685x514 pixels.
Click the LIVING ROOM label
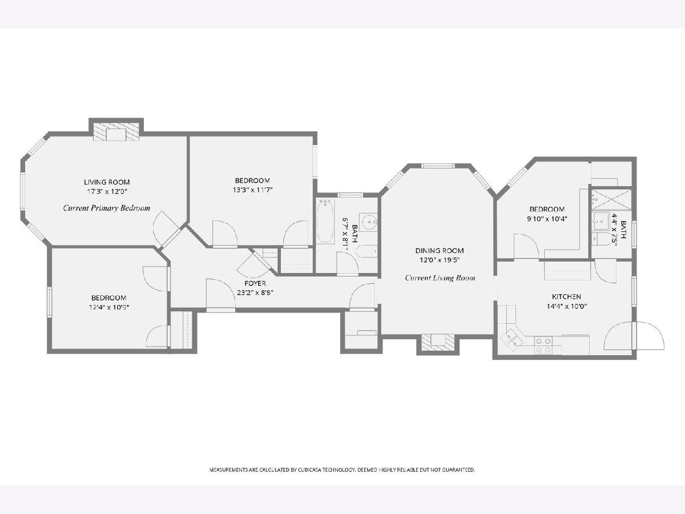click(107, 182)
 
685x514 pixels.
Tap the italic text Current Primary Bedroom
click(106, 208)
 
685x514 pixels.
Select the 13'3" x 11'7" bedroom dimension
click(252, 190)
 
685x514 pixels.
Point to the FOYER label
click(255, 283)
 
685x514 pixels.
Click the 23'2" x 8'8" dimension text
click(255, 293)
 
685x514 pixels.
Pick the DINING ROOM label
click(440, 251)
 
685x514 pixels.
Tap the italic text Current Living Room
click(440, 278)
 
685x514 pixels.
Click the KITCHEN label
click(566, 297)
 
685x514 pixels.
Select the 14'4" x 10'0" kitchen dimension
click(566, 306)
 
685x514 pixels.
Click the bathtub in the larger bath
click(325, 222)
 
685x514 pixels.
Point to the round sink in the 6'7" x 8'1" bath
click(370, 222)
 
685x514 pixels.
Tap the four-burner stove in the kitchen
click(543, 346)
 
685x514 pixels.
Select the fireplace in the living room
click(116, 134)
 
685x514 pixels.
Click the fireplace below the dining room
click(438, 342)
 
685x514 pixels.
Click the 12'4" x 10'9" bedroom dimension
click(109, 307)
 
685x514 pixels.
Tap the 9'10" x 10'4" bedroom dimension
click(547, 219)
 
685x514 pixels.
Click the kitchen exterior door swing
click(634, 336)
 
